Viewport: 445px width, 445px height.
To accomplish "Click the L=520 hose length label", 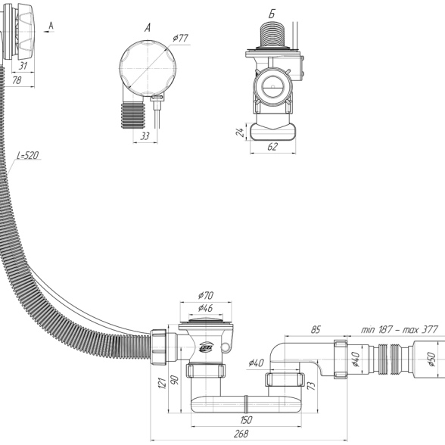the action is [x=28, y=155].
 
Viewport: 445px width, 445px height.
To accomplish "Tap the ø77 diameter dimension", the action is [x=180, y=38].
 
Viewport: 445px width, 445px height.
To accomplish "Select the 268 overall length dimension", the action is [x=241, y=434].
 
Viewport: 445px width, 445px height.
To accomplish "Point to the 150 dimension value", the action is [x=246, y=420].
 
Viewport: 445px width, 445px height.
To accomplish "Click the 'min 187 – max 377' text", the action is [x=400, y=329].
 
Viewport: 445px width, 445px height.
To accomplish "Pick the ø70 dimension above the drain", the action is [x=206, y=295].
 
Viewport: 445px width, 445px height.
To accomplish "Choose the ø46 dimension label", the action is [x=206, y=308].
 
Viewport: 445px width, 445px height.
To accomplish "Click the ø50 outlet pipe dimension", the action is [x=431, y=359].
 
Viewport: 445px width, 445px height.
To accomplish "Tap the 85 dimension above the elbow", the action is [x=316, y=329].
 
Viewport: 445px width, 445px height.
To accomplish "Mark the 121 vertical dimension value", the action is [x=162, y=383].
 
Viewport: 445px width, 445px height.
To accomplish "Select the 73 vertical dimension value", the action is [x=312, y=385].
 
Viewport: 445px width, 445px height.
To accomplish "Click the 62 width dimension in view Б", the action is [x=272, y=147].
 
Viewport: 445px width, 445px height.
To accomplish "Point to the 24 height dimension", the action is [x=240, y=132].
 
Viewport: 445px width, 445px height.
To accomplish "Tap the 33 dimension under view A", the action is [x=145, y=136].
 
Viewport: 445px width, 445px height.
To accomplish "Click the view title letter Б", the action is [x=272, y=14].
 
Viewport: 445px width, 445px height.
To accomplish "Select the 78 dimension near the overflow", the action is [x=17, y=80].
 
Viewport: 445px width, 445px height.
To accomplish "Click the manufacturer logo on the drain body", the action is [x=207, y=347].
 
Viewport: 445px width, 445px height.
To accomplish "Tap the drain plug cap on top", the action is [x=206, y=321].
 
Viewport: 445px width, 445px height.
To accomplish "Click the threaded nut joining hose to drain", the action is [x=157, y=347].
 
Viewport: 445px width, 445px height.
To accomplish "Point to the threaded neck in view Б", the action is [x=272, y=33].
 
